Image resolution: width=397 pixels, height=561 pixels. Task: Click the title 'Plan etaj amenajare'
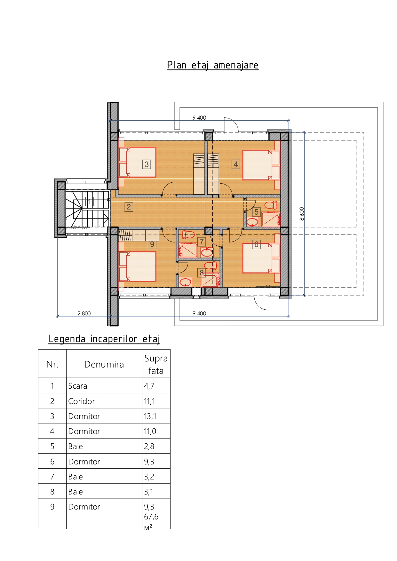click(x=213, y=65)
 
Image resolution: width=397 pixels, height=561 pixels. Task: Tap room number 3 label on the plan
click(x=147, y=164)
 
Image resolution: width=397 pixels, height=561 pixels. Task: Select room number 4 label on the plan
click(x=236, y=164)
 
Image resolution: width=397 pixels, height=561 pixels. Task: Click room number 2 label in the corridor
click(x=129, y=207)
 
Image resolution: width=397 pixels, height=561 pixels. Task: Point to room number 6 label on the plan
click(x=256, y=244)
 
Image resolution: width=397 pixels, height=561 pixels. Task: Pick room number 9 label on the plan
click(x=152, y=244)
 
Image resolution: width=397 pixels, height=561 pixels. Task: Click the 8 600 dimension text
click(x=302, y=214)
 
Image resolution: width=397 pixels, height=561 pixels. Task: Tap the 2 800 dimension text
click(x=84, y=313)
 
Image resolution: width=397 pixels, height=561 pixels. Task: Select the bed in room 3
click(x=137, y=162)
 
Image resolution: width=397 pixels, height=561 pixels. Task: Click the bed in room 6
click(x=261, y=258)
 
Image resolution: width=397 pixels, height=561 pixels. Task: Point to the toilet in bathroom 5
click(x=271, y=205)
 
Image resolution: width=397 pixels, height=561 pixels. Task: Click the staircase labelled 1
click(x=87, y=209)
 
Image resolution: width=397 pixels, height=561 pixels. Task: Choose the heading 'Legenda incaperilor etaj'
click(x=104, y=339)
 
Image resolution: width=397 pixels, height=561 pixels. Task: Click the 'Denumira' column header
click(x=104, y=364)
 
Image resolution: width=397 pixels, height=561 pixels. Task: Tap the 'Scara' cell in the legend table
click(x=78, y=386)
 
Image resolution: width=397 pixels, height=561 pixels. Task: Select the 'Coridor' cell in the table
click(x=82, y=401)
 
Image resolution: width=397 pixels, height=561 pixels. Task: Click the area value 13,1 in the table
click(x=150, y=416)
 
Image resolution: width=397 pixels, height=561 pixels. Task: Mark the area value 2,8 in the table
click(x=149, y=446)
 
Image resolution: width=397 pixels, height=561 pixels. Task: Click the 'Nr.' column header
click(x=52, y=364)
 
